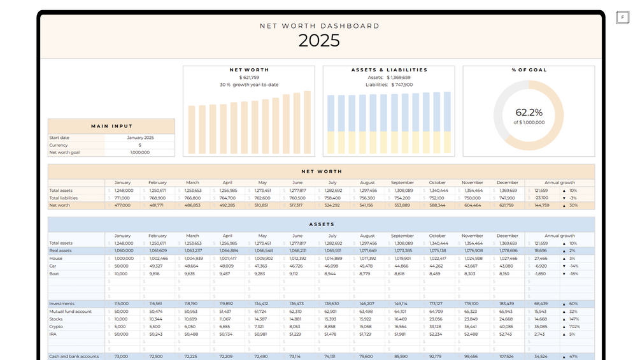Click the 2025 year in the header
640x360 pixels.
319,41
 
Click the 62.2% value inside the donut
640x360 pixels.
529,113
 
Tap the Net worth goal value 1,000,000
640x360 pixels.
140,152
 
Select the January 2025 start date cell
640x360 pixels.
140,138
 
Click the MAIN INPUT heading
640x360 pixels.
111,126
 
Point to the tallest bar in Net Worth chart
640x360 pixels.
307,123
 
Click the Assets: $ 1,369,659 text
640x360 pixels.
388,78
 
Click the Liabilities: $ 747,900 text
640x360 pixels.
388,85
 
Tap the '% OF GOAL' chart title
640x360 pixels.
529,70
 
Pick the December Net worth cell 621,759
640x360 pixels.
508,205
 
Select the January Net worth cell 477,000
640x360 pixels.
122,205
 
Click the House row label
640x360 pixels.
55,258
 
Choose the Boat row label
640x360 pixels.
54,273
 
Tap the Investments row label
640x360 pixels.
62,304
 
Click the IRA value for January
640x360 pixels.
121,334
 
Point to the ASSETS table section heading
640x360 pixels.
321,224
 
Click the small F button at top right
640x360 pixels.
622,17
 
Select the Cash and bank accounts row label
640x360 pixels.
74,356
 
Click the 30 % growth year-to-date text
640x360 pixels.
249,85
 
